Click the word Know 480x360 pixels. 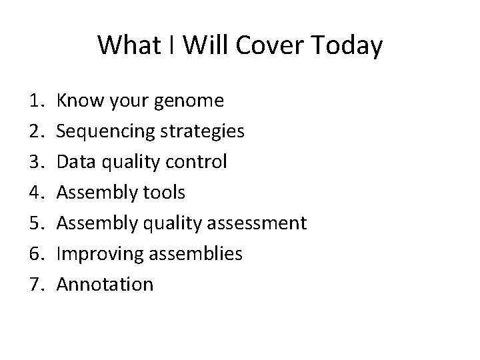coord(76,101)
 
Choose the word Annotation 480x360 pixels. coord(105,285)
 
